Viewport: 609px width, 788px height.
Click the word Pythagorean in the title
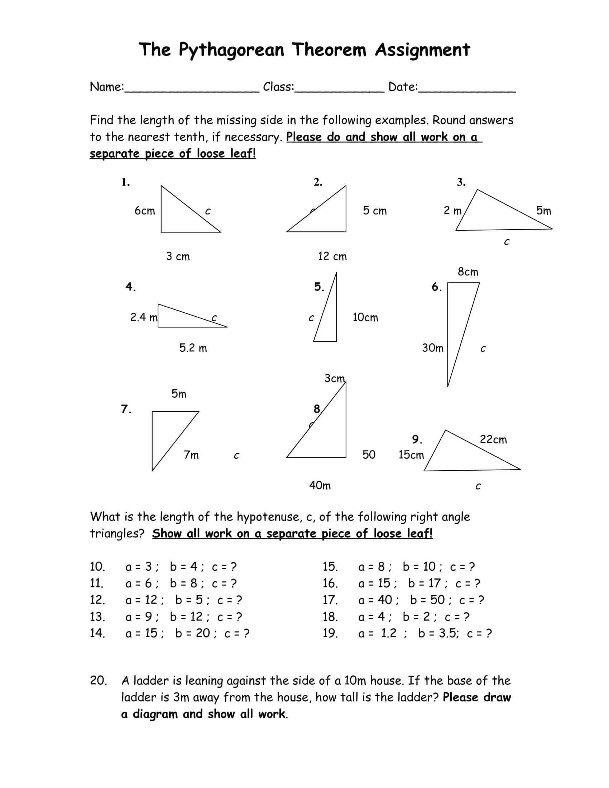(x=231, y=50)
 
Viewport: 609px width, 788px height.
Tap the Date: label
(x=403, y=87)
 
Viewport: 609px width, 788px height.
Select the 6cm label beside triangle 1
(x=145, y=211)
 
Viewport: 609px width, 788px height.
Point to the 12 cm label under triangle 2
(x=332, y=256)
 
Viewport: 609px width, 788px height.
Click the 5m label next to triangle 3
(x=543, y=211)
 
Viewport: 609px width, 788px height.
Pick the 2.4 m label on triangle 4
(x=144, y=317)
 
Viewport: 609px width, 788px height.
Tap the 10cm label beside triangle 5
(x=365, y=317)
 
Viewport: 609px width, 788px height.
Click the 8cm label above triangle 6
(x=468, y=272)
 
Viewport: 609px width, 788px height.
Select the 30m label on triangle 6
(x=433, y=348)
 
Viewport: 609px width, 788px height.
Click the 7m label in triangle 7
(x=191, y=455)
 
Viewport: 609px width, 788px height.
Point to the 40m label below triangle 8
(x=320, y=486)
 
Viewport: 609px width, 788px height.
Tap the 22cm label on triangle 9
(x=493, y=440)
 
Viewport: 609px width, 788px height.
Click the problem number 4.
(x=130, y=287)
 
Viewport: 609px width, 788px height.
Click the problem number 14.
(x=97, y=633)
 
